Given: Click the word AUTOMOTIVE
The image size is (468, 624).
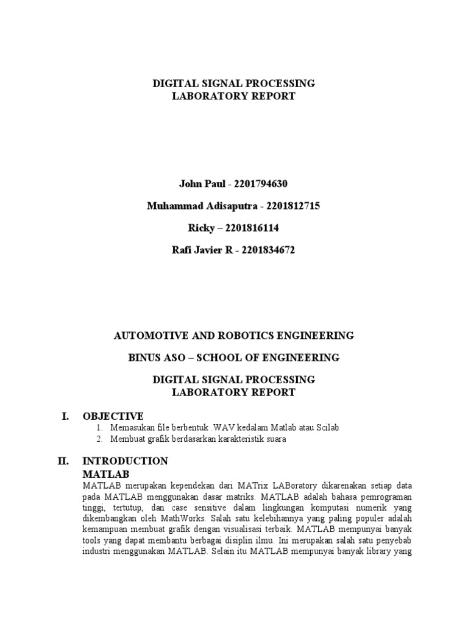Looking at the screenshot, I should [148, 335].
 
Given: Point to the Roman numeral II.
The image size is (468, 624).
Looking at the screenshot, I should [64, 461].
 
